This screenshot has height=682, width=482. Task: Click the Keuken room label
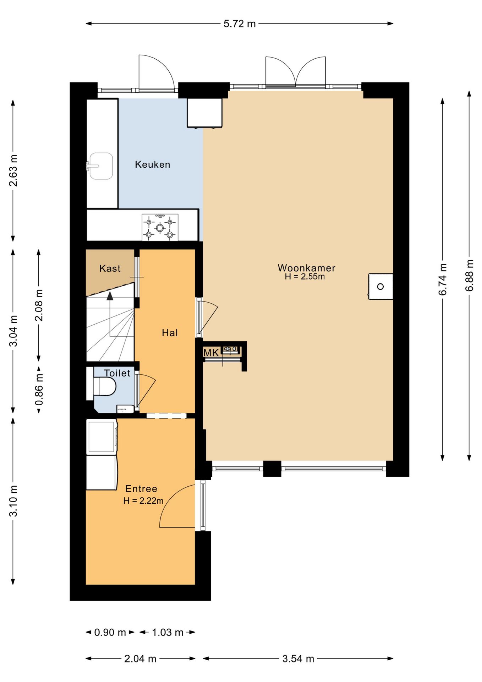[x=153, y=164]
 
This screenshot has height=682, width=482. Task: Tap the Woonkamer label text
[x=306, y=267]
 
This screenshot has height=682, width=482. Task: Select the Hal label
[x=170, y=333]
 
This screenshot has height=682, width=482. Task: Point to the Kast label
[x=110, y=268]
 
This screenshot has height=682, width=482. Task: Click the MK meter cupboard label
[x=211, y=353]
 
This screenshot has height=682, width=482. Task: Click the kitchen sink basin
[x=101, y=166]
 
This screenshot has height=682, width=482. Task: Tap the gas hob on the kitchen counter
[x=160, y=227]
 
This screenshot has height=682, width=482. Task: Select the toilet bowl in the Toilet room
[x=105, y=386]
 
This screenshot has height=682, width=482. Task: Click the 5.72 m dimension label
[x=240, y=24]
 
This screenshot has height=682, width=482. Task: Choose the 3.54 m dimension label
[x=298, y=659]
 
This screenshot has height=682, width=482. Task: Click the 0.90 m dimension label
[x=110, y=632]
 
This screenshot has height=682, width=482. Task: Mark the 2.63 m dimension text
[x=13, y=170]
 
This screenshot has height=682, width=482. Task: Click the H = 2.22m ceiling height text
[x=143, y=501]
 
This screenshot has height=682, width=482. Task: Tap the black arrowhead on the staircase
[x=110, y=296]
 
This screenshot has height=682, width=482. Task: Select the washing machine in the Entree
[x=102, y=437]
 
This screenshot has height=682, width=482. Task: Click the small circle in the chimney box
[x=380, y=286]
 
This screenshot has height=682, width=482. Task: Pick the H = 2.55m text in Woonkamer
[x=305, y=277]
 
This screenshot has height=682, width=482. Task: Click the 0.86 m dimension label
[x=39, y=390]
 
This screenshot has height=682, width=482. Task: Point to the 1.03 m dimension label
[x=168, y=632]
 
